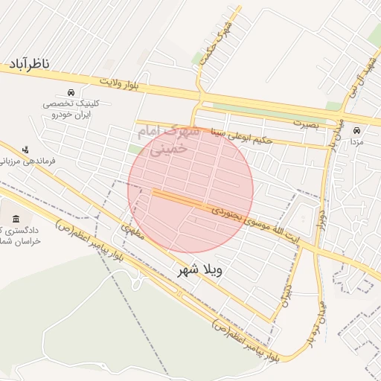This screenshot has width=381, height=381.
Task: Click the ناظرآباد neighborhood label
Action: (x=29, y=65)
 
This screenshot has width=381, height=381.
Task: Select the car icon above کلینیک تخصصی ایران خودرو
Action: (x=71, y=92)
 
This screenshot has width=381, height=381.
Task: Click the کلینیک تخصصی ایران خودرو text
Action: (x=69, y=109)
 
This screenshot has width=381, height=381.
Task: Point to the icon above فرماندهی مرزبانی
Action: (x=27, y=148)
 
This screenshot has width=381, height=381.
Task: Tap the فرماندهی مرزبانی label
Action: (x=18, y=159)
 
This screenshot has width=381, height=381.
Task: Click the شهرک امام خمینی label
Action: (x=167, y=140)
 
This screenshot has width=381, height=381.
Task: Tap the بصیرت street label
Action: (x=304, y=123)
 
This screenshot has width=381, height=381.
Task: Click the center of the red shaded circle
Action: (x=190, y=190)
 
